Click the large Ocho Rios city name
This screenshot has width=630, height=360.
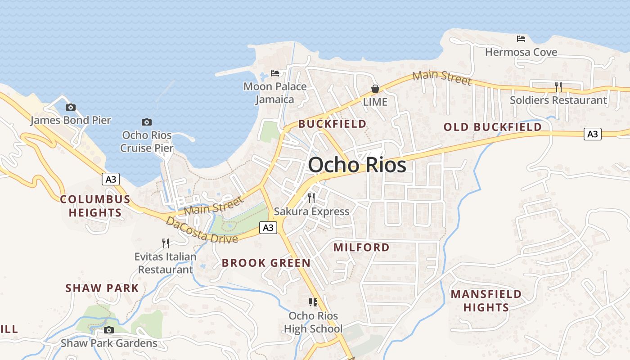click(357, 165)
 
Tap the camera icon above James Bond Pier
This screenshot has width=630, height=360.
click(70, 107)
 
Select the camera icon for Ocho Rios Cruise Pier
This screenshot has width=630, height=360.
click(146, 122)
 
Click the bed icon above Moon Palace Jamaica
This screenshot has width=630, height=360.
click(275, 73)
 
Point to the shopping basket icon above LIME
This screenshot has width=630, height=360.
click(375, 89)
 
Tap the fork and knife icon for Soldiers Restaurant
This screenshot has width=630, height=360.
click(558, 87)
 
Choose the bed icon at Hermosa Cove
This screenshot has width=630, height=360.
click(521, 39)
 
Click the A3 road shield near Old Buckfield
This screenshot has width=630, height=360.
click(593, 134)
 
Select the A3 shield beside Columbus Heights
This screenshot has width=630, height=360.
click(110, 179)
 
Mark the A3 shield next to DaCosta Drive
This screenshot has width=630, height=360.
click(268, 228)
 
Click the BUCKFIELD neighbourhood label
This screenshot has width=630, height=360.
click(332, 124)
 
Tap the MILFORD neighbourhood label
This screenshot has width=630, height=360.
click(361, 247)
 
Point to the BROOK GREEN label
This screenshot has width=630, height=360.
click(266, 263)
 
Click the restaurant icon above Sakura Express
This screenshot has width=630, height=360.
click(311, 198)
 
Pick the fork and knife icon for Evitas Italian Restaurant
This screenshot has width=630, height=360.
click(166, 243)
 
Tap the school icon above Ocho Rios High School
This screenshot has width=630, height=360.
click(313, 302)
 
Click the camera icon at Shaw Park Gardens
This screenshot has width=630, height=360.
click(108, 330)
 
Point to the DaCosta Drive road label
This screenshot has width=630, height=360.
click(201, 230)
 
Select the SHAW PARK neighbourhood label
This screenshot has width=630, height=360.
click(102, 288)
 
